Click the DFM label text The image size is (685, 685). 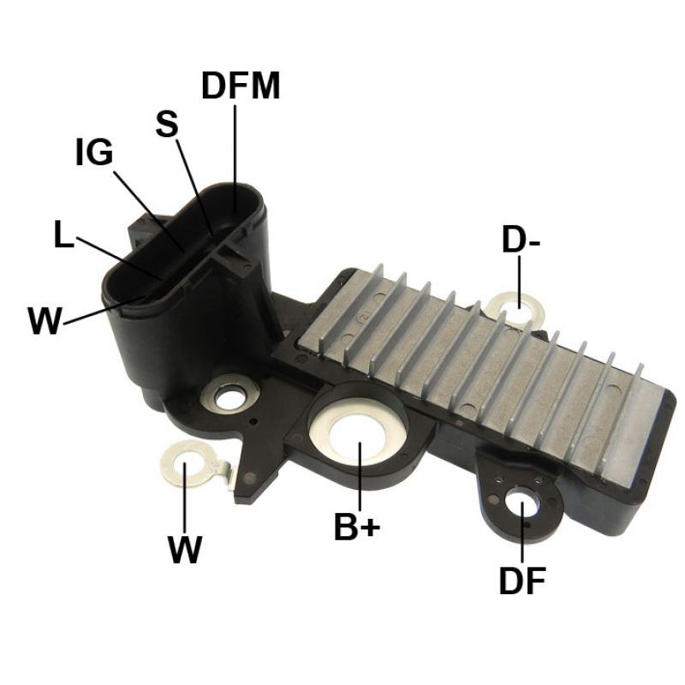pos(241,86)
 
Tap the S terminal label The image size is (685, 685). pos(167,123)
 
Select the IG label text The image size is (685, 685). pos(94,152)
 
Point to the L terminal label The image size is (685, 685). pos(64,234)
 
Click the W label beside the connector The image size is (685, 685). pos(45,320)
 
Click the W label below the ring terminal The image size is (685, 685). pos(185,549)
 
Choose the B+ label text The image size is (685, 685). pos(357,527)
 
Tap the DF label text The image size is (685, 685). pos(522,581)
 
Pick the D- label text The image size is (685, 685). pos(521,240)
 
